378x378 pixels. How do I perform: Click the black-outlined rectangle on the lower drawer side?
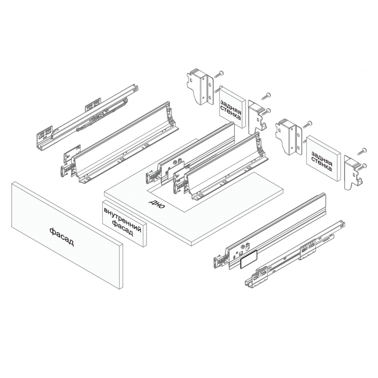[x=249, y=259]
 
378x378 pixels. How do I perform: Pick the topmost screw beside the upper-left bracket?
[x=219, y=74]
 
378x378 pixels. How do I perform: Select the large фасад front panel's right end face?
[x=121, y=266]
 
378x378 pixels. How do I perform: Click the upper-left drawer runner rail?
[x=87, y=118]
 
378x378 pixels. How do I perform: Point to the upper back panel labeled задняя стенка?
[x=232, y=107]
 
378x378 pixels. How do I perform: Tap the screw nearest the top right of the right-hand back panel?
[x=362, y=151]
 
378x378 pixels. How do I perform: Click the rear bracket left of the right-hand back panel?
[x=288, y=136]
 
